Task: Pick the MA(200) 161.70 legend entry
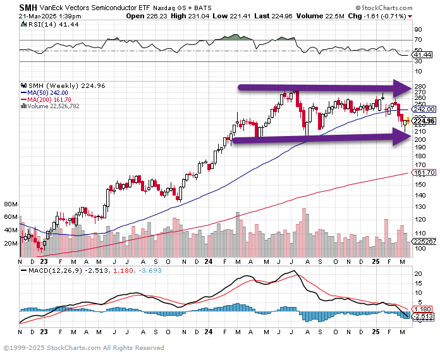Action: [49, 99]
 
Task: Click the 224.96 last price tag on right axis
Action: [423, 121]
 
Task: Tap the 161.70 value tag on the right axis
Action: [422, 172]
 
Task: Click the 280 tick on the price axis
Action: [419, 86]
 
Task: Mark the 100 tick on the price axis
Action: [419, 247]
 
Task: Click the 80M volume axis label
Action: [11, 205]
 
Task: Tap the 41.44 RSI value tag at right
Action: [420, 56]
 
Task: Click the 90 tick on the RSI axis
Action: [417, 30]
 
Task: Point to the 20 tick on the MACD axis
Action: [417, 274]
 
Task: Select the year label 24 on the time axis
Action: [208, 261]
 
